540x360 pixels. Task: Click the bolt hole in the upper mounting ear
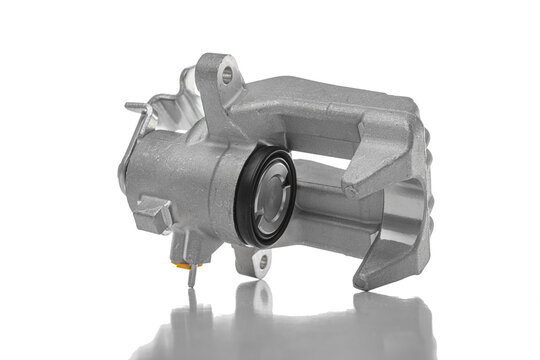click(227, 72)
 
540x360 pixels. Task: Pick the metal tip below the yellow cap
click(191, 279)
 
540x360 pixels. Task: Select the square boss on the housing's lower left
click(154, 214)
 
